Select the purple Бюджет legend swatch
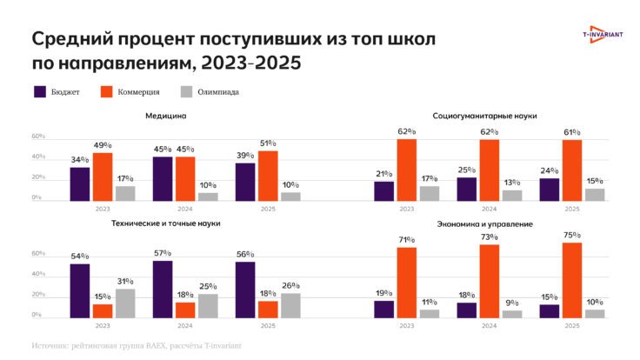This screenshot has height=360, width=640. (40, 91)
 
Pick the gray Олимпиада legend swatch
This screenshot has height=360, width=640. (186, 91)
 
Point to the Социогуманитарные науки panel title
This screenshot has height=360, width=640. (484, 116)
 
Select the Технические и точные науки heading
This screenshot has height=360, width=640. (165, 223)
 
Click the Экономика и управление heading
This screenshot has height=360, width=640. (484, 223)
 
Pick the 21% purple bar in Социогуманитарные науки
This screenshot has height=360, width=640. (383, 190)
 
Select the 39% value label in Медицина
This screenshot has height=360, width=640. (245, 154)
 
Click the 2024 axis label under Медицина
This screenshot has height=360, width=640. (185, 210)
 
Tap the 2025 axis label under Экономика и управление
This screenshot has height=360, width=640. (571, 325)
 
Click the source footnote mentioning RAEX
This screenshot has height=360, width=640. (139, 345)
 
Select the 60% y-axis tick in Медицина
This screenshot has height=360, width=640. (38, 137)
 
